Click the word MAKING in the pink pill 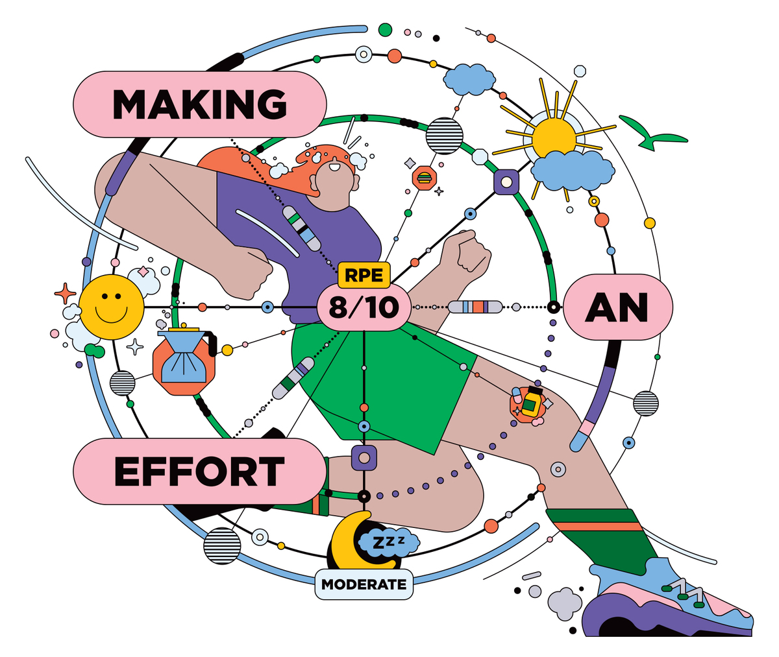pyautogui.click(x=199, y=104)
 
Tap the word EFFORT pyautogui.click(x=199, y=472)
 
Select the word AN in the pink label pyautogui.click(x=616, y=307)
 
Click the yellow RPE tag pyautogui.click(x=364, y=275)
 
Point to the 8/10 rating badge pyautogui.click(x=364, y=307)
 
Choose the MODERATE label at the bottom pyautogui.click(x=364, y=584)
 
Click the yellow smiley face pyautogui.click(x=111, y=307)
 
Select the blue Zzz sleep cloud pyautogui.click(x=388, y=542)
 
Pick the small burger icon pyautogui.click(x=424, y=178)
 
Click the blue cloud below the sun pyautogui.click(x=573, y=171)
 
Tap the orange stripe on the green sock pyautogui.click(x=598, y=527)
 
